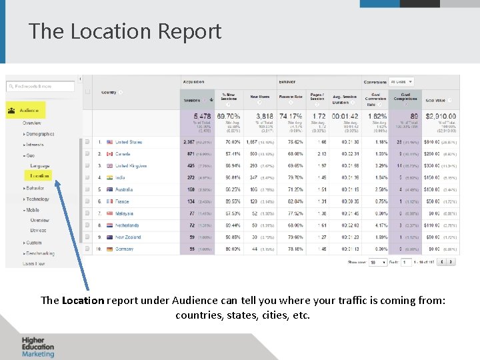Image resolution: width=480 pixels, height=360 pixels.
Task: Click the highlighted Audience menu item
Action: [x=29, y=110]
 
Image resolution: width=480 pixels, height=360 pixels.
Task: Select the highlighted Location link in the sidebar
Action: [x=39, y=176]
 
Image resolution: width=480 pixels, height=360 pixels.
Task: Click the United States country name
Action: [x=129, y=142]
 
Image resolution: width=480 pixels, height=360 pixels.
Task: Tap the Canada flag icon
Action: [x=109, y=154]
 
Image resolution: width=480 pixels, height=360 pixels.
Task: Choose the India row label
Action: [x=120, y=178]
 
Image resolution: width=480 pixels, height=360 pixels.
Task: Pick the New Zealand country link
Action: [x=128, y=237]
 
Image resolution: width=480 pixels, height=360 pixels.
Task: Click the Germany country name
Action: [x=124, y=249]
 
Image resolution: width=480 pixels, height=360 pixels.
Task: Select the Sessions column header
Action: [x=192, y=101]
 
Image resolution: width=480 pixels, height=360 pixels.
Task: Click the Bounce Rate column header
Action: [x=291, y=97]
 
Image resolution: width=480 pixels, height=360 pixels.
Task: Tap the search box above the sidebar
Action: [x=40, y=86]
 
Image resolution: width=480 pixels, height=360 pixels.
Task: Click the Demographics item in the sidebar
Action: [x=41, y=134]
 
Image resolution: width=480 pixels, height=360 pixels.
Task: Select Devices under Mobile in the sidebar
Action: [x=39, y=231]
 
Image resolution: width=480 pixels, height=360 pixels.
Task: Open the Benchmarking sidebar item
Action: [x=41, y=254]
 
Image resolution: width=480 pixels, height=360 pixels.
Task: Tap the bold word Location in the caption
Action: [x=83, y=300]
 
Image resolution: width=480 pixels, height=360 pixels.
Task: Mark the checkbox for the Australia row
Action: [x=87, y=189]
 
